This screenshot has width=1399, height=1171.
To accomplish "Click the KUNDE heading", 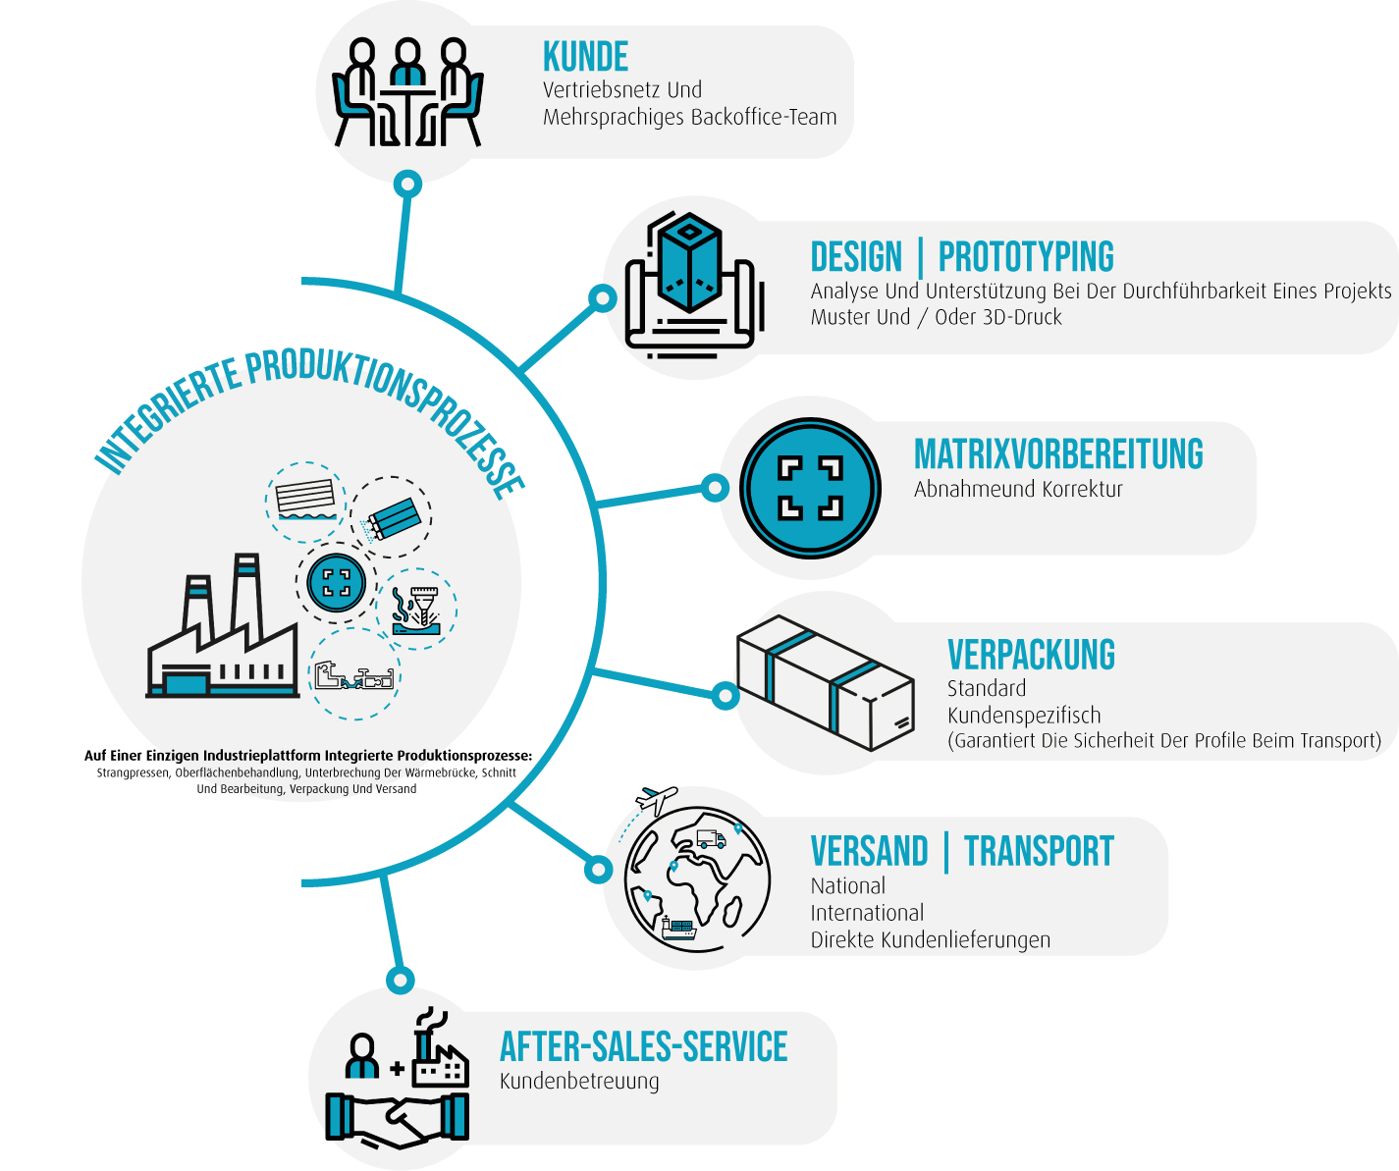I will pyautogui.click(x=585, y=58).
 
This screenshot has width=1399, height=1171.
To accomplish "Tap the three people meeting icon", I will pyautogui.click(x=406, y=92).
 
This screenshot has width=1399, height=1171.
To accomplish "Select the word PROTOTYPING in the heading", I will pyautogui.click(x=1026, y=257).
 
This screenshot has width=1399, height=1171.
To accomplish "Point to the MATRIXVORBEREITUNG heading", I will pyautogui.click(x=1058, y=454).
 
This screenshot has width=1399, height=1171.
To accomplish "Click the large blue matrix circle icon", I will pyautogui.click(x=810, y=488).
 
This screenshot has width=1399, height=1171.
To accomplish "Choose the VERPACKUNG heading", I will pyautogui.click(x=1031, y=655).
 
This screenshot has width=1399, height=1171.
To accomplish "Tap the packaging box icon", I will pyautogui.click(x=826, y=681).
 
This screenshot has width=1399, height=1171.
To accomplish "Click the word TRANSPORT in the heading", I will pyautogui.click(x=1039, y=851).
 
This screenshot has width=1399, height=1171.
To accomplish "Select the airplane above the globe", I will pyautogui.click(x=656, y=799).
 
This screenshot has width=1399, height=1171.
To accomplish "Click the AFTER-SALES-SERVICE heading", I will pyautogui.click(x=643, y=1047).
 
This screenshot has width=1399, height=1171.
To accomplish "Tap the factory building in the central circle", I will pyautogui.click(x=223, y=638).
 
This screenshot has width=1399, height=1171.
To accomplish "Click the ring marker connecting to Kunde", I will pyautogui.click(x=407, y=184).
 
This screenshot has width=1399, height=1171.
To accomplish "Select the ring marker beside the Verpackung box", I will pyautogui.click(x=725, y=696).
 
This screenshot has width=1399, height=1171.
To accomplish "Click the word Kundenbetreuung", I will pyautogui.click(x=579, y=1082).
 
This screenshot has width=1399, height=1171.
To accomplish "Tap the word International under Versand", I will pyautogui.click(x=867, y=913).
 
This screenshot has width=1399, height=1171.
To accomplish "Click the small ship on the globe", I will pyautogui.click(x=678, y=928).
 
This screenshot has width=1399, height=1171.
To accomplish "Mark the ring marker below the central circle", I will pyautogui.click(x=400, y=979).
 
